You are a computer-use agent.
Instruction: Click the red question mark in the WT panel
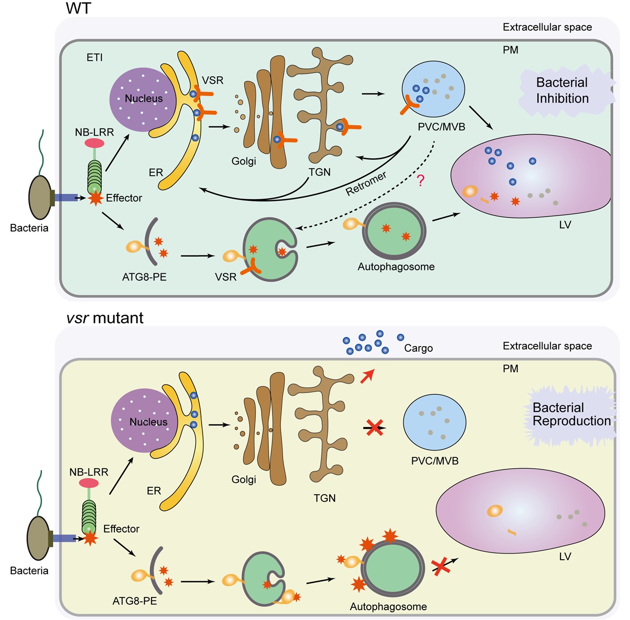tap(420, 181)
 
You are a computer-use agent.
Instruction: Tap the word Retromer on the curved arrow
tap(366, 184)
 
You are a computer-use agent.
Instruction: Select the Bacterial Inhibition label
tap(562, 91)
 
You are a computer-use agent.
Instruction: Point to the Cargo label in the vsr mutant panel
tap(418, 348)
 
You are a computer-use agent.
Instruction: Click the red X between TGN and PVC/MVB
tap(375, 427)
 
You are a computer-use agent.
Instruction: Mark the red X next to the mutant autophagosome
tap(441, 567)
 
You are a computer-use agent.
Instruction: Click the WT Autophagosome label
tap(396, 267)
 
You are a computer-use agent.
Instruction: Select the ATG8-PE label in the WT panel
tap(144, 277)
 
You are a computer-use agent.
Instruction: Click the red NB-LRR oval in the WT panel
tap(94, 143)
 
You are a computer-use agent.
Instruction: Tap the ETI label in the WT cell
tap(94, 58)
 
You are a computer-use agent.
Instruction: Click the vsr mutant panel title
tap(105, 318)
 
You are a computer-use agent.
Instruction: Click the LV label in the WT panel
tap(565, 225)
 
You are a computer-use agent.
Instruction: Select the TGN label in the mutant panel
tap(324, 498)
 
